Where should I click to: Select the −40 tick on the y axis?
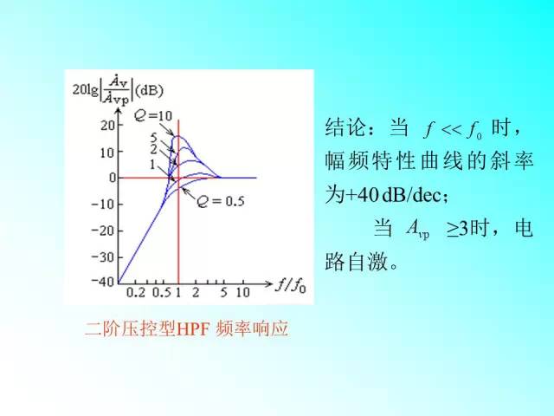click(x=102, y=282)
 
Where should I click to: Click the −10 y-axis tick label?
click(x=102, y=204)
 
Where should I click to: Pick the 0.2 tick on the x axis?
click(x=137, y=293)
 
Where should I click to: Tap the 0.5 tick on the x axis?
click(x=162, y=293)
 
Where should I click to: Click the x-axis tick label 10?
click(x=242, y=293)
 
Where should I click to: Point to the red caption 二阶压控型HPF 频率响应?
click(x=185, y=328)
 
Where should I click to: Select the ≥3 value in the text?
click(x=458, y=229)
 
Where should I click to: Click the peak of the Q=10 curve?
click(x=178, y=136)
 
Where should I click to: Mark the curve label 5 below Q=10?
click(x=153, y=138)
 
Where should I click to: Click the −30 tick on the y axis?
click(x=102, y=257)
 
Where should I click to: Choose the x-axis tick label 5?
click(x=222, y=293)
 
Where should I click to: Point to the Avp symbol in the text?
click(x=417, y=230)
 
